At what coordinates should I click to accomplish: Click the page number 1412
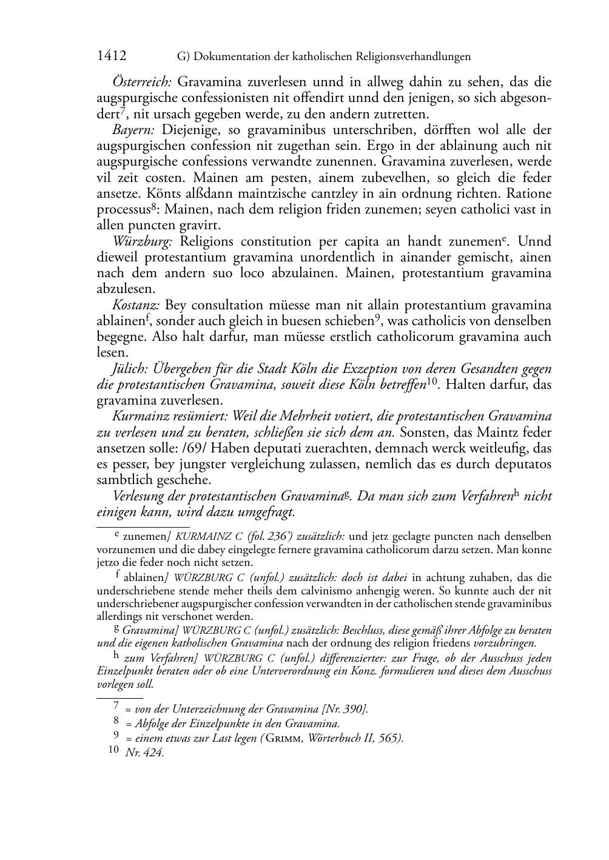pyautogui.click(x=112, y=56)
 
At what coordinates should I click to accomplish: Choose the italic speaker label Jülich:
pyautogui.click(x=130, y=369)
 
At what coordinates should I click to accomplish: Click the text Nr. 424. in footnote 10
pyautogui.click(x=144, y=753)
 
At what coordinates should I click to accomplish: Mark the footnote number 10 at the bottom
pyautogui.click(x=113, y=750)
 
